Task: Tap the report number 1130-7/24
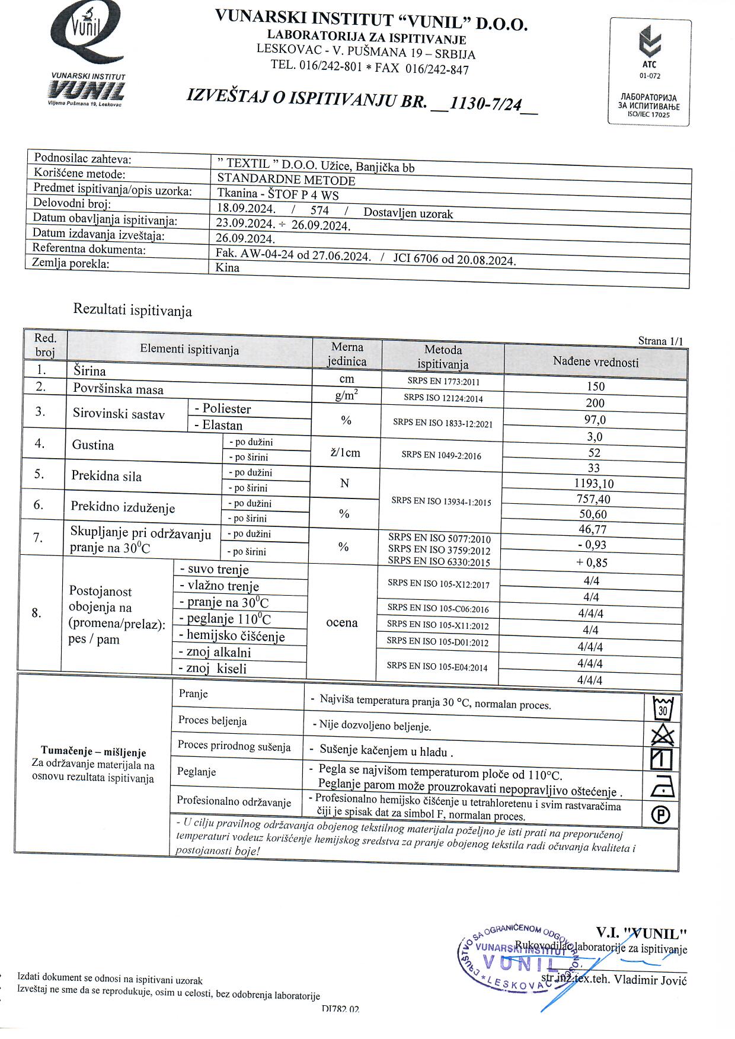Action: tap(485, 104)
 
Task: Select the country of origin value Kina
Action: tap(228, 267)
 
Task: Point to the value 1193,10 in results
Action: tap(594, 484)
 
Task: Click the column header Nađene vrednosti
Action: tap(596, 362)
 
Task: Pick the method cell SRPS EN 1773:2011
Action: tap(443, 382)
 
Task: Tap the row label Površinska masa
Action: tap(118, 389)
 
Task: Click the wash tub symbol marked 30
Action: tap(663, 708)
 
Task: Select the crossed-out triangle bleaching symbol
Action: tap(662, 735)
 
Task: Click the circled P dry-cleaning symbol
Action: tap(661, 816)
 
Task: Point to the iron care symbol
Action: tap(661, 788)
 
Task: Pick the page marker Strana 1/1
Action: tap(660, 341)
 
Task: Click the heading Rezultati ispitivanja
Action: tap(132, 310)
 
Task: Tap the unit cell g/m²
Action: tap(347, 395)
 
